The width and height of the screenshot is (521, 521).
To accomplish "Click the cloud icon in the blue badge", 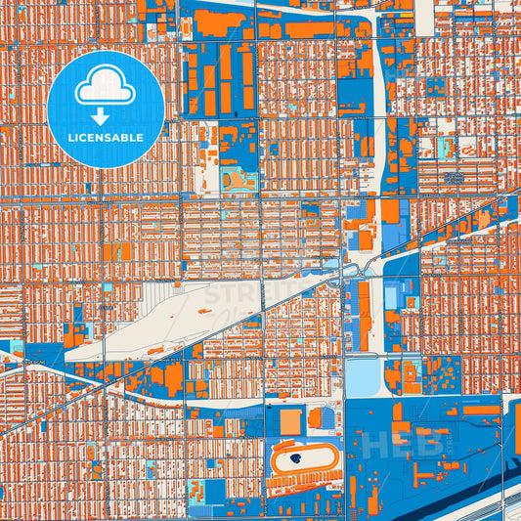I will [x=106, y=89].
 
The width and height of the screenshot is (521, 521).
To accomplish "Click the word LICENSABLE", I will [x=106, y=138].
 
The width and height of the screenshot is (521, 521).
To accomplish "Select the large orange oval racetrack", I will [x=304, y=458].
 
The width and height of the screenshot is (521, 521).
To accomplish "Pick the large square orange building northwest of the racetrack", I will [x=290, y=421].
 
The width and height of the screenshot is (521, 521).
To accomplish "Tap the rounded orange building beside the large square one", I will [x=315, y=418].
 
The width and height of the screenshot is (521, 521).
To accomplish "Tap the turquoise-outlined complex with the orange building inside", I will [x=236, y=180].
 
